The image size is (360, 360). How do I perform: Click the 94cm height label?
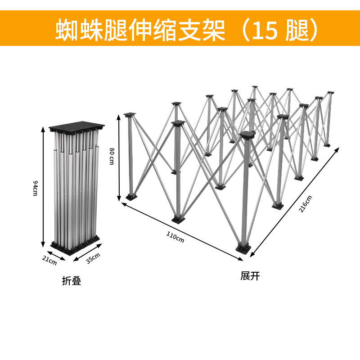coord(35,188)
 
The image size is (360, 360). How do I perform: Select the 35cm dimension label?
coord(93,259)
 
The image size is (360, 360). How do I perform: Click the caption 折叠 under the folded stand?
coord(71,281)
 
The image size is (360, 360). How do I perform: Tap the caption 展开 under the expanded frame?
coord(250,276)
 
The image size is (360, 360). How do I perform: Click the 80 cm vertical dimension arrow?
coord(119,157)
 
